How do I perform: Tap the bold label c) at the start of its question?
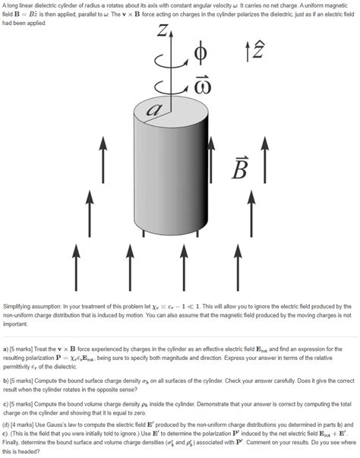[x=6, y=403]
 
